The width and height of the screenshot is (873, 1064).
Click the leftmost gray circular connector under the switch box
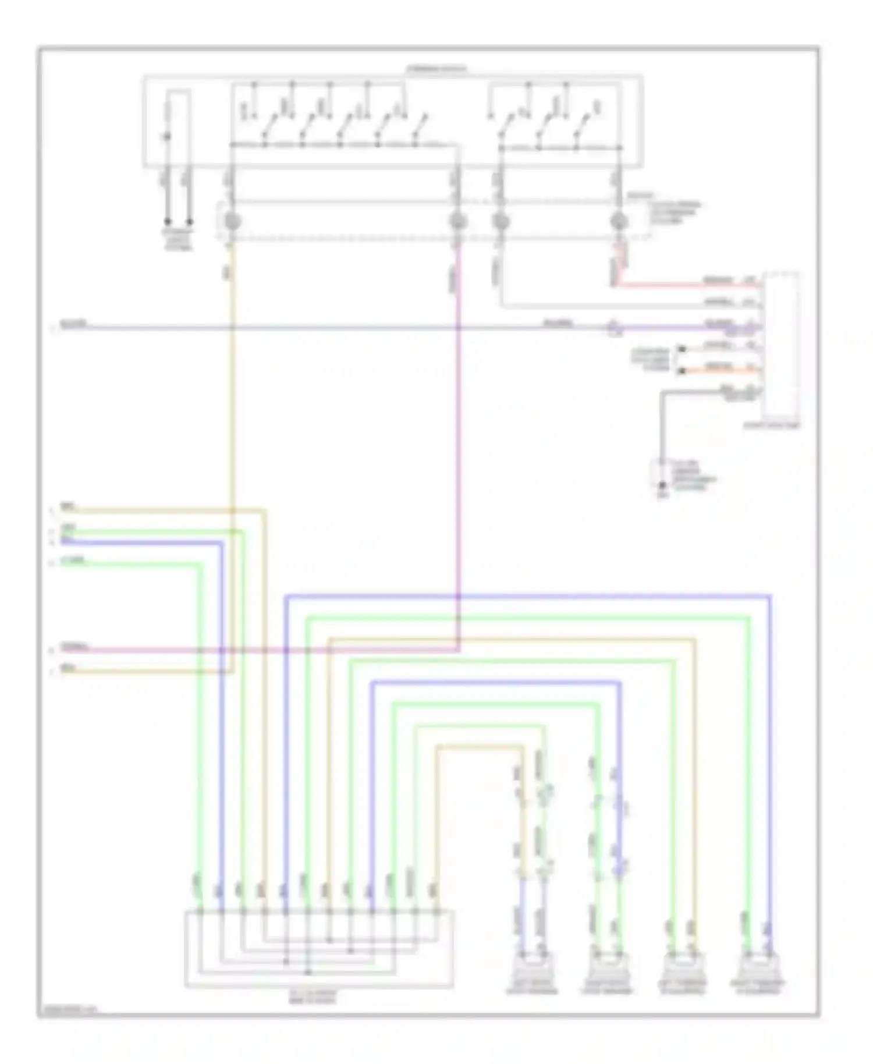[x=232, y=221]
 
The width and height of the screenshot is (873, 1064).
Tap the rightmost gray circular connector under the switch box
[x=619, y=221]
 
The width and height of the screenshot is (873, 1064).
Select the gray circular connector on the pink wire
[x=458, y=221]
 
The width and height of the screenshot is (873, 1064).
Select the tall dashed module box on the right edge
[x=782, y=346]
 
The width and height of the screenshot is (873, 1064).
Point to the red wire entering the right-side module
[x=687, y=286]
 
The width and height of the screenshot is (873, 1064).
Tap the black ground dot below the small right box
[x=662, y=485]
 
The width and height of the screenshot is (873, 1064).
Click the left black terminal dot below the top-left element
[x=167, y=222]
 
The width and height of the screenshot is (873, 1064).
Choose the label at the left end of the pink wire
[x=75, y=647]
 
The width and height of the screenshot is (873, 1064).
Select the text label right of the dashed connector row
[x=675, y=213]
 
